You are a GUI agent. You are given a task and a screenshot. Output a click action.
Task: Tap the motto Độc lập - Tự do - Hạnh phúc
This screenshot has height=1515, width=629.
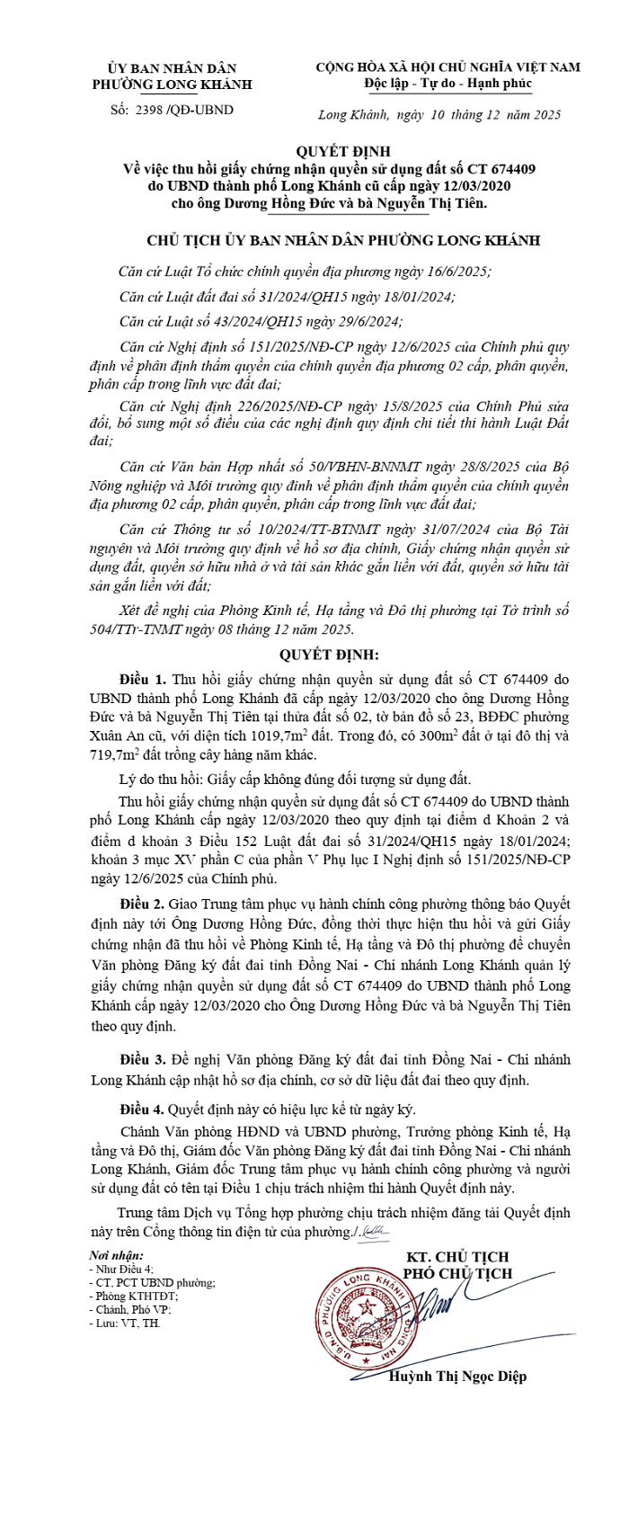coord(447,84)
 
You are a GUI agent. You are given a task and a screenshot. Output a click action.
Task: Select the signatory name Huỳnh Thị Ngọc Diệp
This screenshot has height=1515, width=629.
coord(457,1377)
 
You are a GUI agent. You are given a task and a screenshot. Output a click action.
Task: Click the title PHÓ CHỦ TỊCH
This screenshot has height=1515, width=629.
coord(456,1273)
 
